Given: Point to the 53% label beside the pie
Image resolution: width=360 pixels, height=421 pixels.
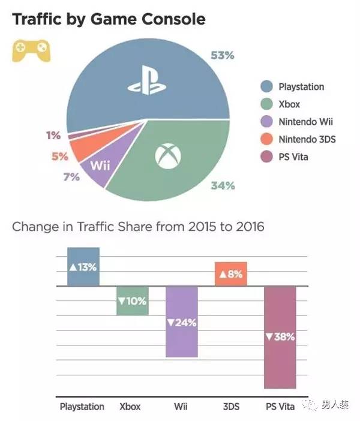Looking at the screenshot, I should tap(222, 56).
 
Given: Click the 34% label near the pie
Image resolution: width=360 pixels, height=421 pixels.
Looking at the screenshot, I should tap(223, 186).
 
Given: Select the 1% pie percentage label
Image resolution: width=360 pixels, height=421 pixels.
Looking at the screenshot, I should tap(53, 136).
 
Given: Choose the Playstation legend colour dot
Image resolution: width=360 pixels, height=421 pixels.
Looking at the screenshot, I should tap(267, 87).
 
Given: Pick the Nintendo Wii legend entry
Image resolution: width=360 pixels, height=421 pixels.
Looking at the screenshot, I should tap(305, 122).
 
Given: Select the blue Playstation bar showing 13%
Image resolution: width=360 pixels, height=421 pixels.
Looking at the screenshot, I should tap(83, 267).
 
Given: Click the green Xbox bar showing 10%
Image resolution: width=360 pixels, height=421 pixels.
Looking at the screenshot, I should tap(132, 300).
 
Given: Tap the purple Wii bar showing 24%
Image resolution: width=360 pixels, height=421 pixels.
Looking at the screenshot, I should tap(181, 322).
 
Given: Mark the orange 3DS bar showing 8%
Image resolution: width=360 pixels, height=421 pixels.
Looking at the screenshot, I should tap(230, 275).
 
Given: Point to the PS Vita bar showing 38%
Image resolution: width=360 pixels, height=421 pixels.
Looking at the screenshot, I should tap(280, 337).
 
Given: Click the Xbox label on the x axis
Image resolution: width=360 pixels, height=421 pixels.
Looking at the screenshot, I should tap(130, 407).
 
